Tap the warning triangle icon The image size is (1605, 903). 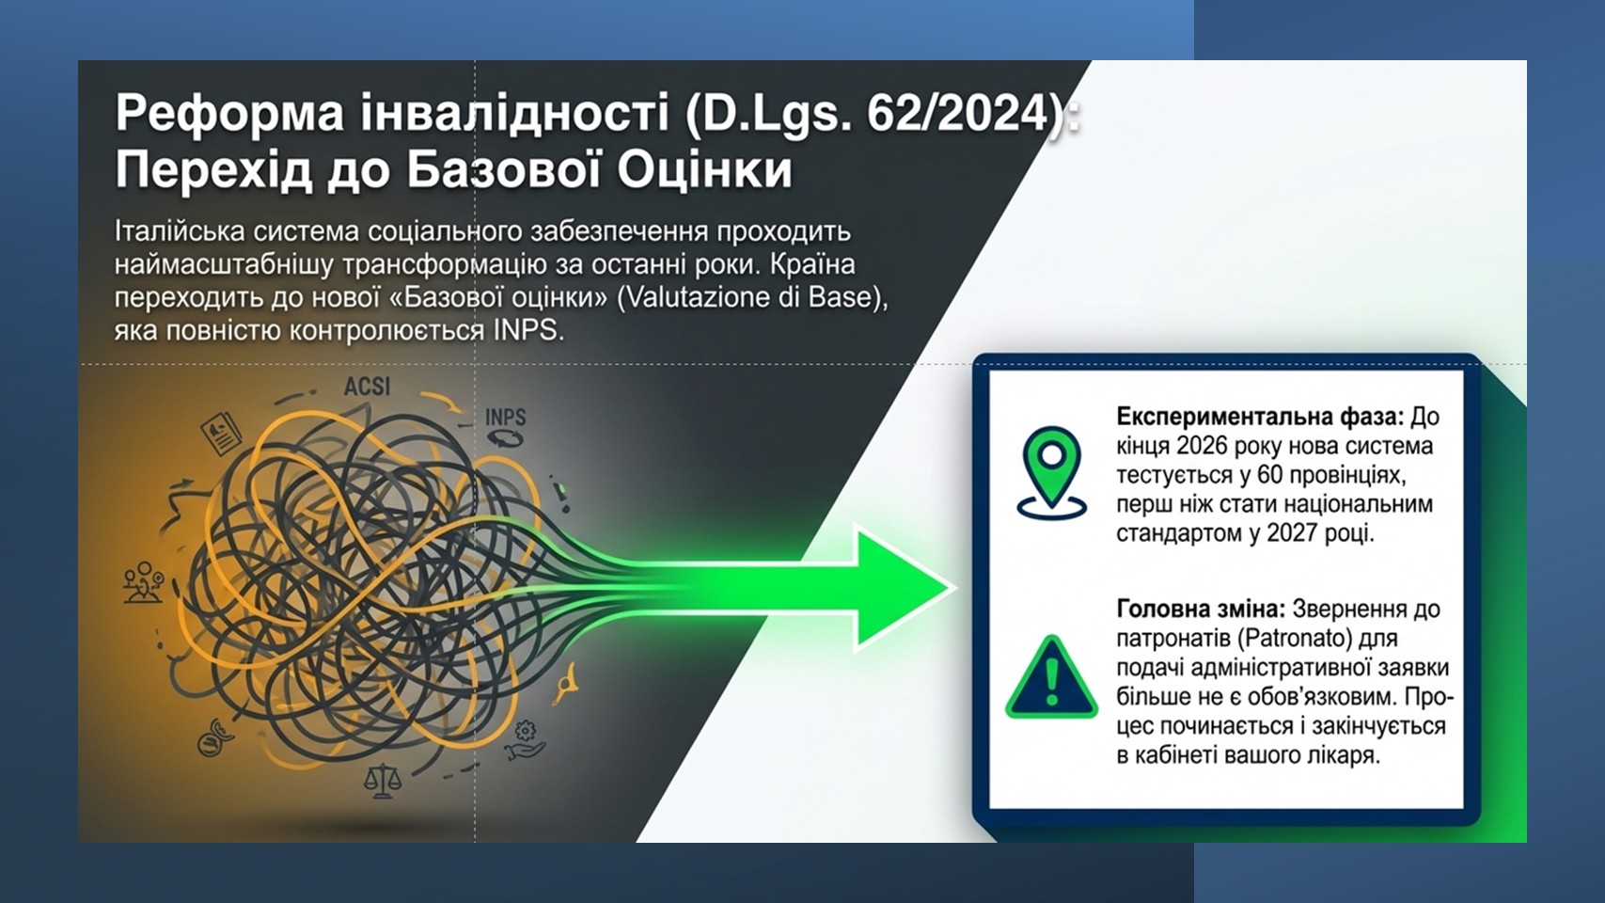click(1051, 676)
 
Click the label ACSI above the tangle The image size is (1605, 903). click(367, 387)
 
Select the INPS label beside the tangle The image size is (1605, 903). click(505, 417)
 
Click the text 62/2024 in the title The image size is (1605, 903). click(957, 113)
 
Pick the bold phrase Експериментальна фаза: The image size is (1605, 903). click(1260, 417)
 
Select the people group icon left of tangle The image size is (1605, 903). click(143, 581)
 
